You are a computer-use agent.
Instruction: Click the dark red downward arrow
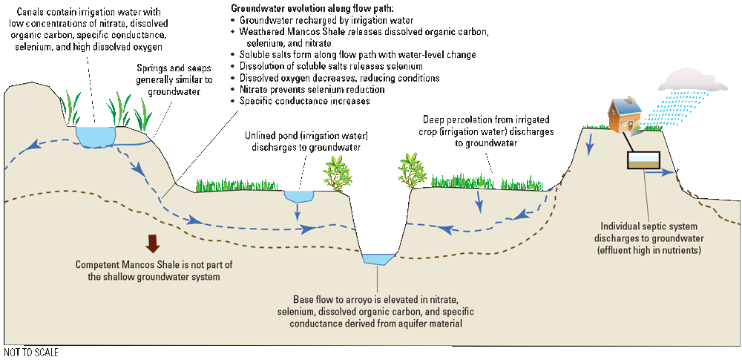[154, 243]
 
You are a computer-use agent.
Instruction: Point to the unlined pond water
[299, 196]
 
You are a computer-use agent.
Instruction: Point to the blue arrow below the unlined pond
[298, 213]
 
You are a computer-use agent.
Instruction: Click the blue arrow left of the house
[591, 144]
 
